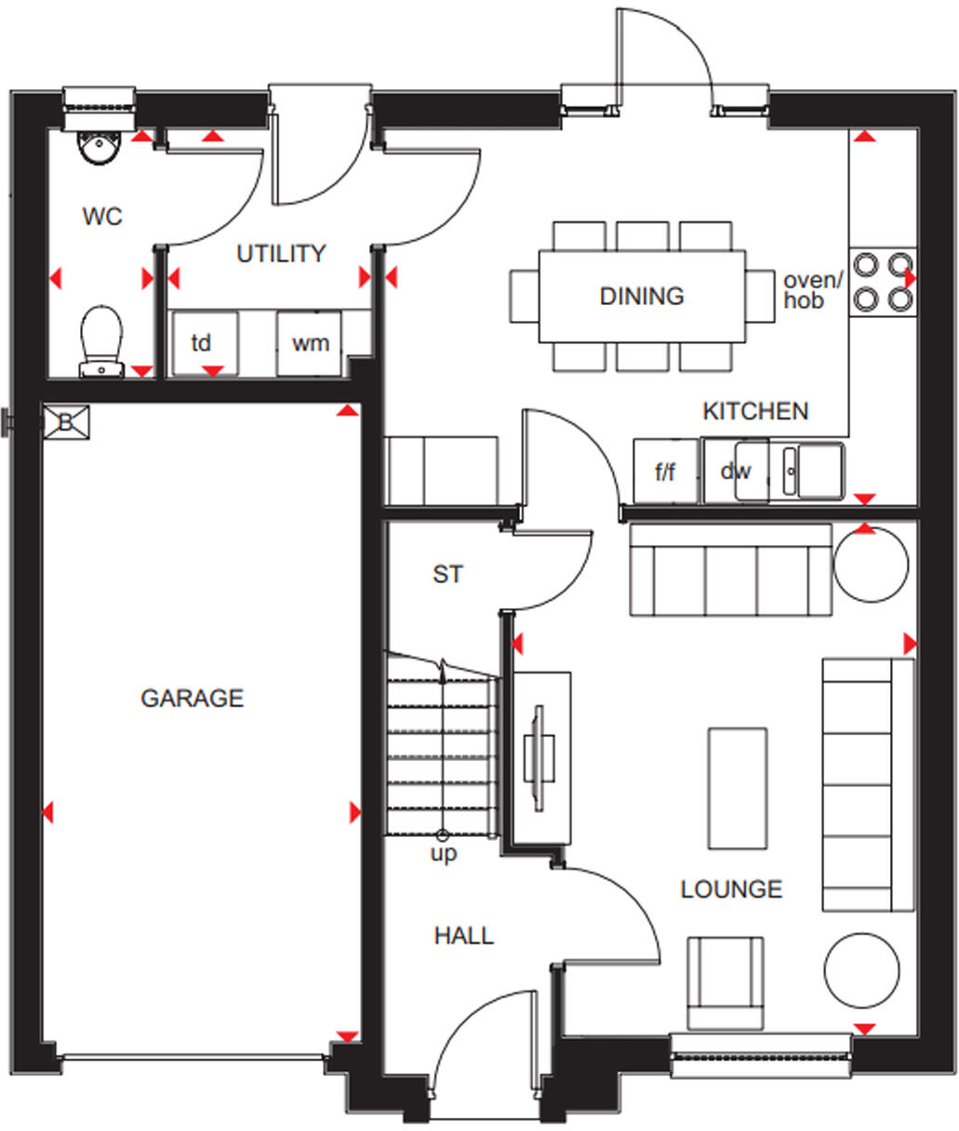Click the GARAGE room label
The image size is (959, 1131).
click(192, 698)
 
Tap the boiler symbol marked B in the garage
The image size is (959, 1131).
click(66, 422)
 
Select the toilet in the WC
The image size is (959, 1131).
click(101, 340)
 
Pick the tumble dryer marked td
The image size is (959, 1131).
click(202, 343)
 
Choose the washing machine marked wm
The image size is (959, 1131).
click(310, 343)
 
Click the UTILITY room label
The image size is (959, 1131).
click(281, 254)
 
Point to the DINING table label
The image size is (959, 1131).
click(642, 297)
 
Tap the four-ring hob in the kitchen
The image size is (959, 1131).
click(883, 282)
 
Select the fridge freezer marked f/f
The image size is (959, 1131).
click(665, 472)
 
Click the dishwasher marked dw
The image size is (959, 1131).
click(735, 472)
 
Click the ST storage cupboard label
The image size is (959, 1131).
click(447, 575)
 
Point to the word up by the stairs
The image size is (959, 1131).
click(444, 853)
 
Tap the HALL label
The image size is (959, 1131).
click(463, 936)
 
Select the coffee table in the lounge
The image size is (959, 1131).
click(738, 788)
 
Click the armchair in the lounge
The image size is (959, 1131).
click(725, 984)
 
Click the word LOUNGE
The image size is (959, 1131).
click(731, 889)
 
